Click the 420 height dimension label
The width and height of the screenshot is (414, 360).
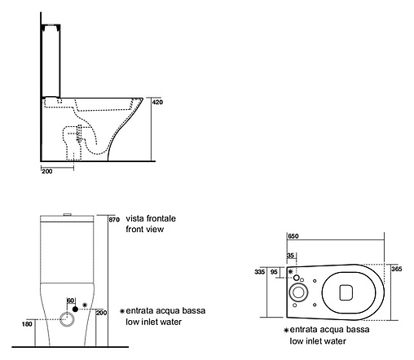pos(157,102)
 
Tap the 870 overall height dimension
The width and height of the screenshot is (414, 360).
pos(114,219)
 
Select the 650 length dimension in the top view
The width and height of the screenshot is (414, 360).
pos(293,236)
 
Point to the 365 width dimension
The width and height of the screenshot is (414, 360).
pos(397,269)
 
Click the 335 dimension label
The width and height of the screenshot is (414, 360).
pos(259,271)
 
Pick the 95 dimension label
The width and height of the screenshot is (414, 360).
pos(274,271)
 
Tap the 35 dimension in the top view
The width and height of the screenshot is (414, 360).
pos(290,256)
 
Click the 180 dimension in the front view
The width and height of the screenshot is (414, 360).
pos(27,324)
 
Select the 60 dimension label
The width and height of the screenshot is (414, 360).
pos(70,301)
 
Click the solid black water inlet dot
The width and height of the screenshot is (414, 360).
pos(75,309)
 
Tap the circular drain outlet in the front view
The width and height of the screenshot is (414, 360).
pos(67,319)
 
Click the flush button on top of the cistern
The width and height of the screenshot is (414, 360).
pos(68,214)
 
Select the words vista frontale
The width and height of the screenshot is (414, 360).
pos(151,218)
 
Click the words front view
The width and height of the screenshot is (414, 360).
pos(145,229)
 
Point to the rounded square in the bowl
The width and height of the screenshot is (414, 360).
pos(346,292)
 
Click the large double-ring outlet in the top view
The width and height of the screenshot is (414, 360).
pos(299,292)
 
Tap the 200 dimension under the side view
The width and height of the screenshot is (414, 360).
pos(47,171)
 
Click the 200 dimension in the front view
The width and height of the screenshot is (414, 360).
pos(101,313)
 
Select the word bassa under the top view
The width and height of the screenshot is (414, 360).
pos(357,330)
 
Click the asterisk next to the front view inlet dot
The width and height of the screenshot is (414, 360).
pos(85,305)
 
